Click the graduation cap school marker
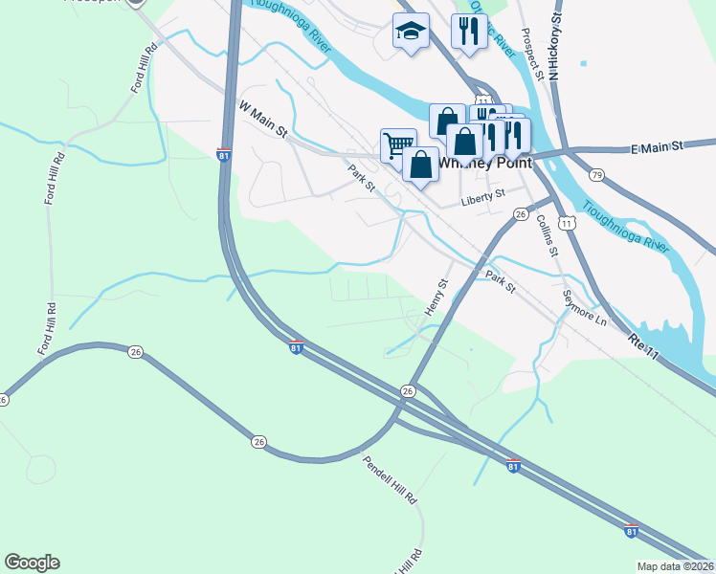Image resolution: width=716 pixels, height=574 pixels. tap(411, 33)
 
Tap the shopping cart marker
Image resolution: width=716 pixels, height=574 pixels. tap(398, 145)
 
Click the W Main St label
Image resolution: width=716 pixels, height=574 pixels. tap(262, 120)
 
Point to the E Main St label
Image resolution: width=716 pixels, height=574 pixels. tap(656, 147)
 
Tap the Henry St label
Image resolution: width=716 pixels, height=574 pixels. tap(436, 298)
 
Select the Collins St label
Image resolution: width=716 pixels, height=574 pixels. tap(548, 236)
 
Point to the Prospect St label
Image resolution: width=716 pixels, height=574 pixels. tap(533, 53)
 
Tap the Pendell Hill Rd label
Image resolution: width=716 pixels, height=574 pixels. tap(391, 480)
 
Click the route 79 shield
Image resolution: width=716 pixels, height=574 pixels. tap(596, 174)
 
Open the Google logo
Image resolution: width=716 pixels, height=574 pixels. tap(32, 563)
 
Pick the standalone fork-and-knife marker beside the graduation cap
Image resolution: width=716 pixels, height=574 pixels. tap(469, 32)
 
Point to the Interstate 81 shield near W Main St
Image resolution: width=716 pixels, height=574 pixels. tap(223, 154)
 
